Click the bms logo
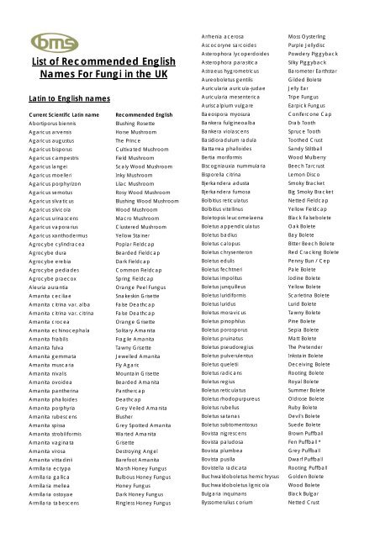pos(47,41)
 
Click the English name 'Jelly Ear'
pos(298,87)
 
